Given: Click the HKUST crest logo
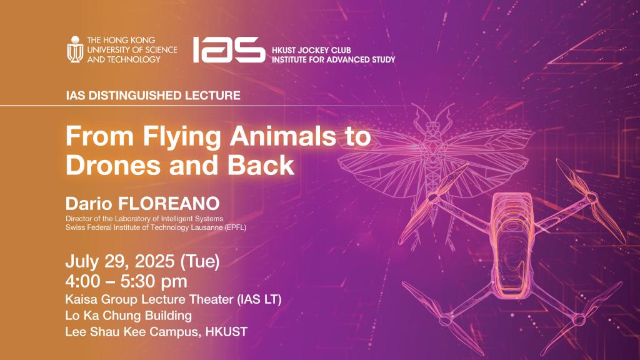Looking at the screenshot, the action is tap(75, 49).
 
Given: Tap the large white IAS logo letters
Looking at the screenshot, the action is tap(229, 50).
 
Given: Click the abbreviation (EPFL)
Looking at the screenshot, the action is tap(236, 227).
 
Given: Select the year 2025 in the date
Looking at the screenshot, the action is tap(155, 261).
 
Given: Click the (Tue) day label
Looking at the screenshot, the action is tap(199, 261).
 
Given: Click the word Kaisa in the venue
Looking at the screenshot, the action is tap(81, 299).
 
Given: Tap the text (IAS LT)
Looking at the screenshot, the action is tap(259, 299).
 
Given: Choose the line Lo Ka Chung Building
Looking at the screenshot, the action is tap(129, 316).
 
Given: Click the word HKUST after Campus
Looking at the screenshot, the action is tap(226, 331).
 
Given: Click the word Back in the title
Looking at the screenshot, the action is tap(261, 165).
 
